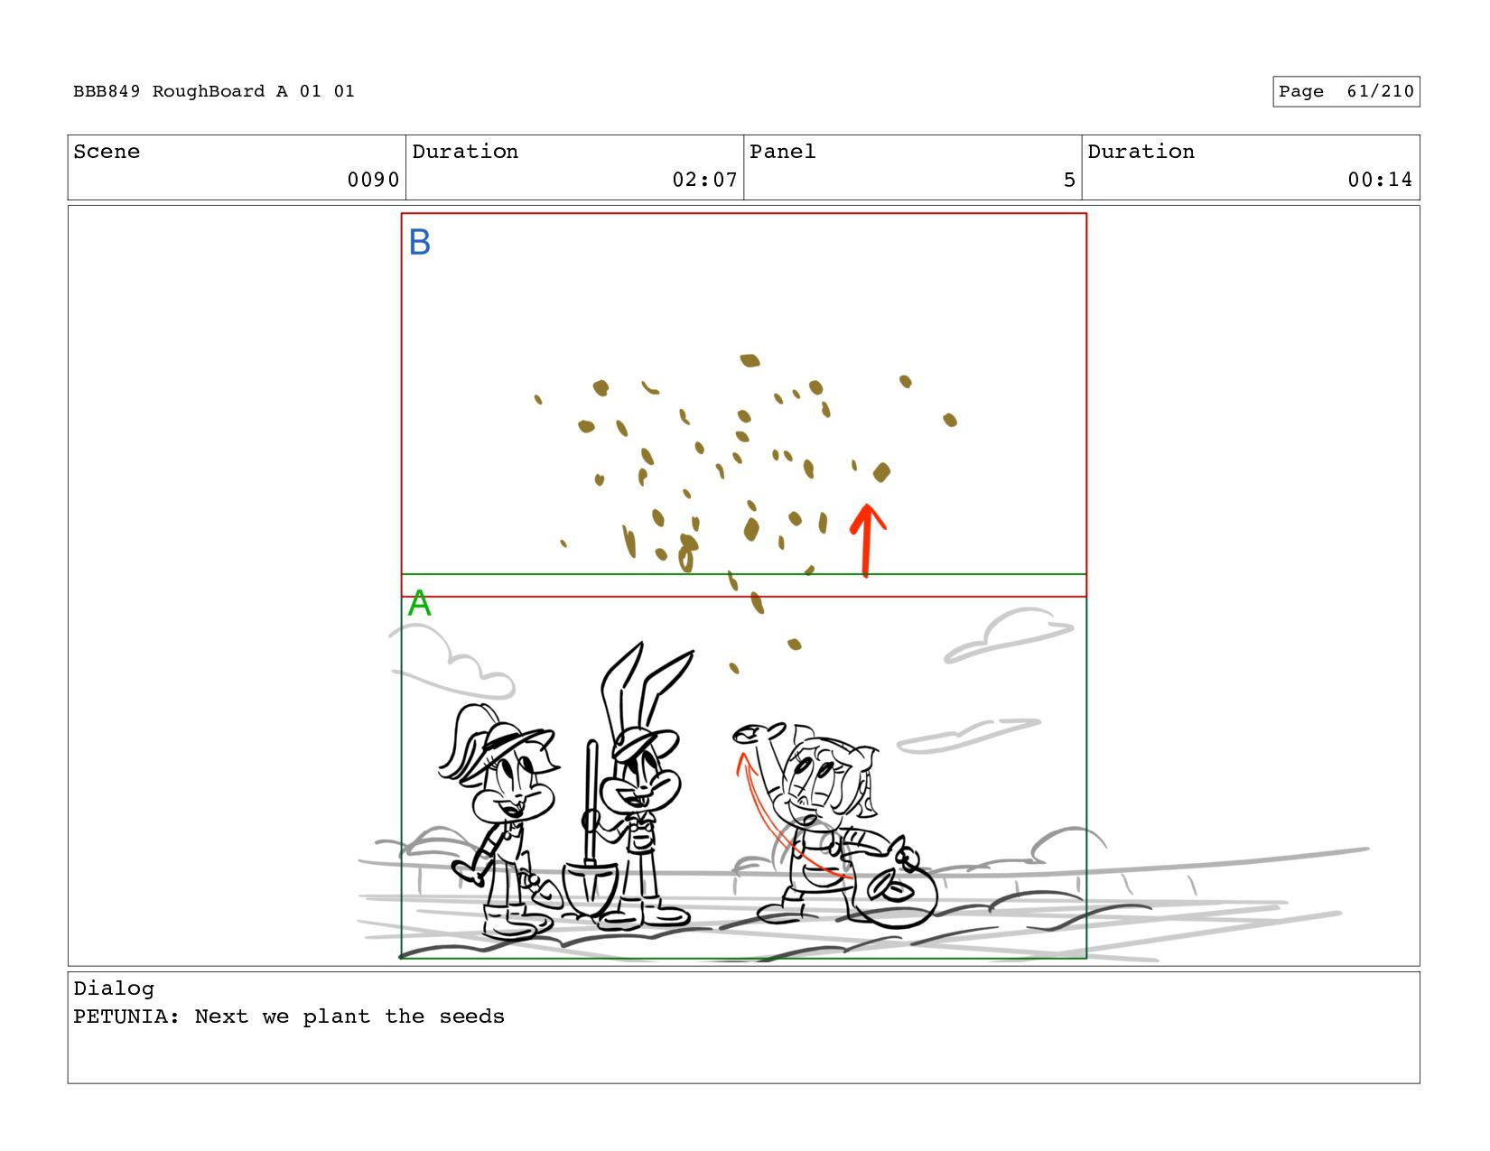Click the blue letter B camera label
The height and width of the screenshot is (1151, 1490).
pos(420,242)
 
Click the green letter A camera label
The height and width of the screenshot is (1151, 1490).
pos(419,602)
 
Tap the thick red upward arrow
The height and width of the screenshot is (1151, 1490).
pos(867,541)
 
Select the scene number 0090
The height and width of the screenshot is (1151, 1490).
pos(373,180)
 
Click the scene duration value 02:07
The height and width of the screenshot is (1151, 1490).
pos(704,180)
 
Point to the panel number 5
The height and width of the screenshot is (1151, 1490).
pos(1069,180)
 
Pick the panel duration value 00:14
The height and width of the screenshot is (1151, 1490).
pos(1380,180)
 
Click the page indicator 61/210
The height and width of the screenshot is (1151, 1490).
pos(1381,91)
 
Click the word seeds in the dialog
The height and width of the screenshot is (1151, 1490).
pos(471,1016)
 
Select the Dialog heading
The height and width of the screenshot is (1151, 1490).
pos(114,989)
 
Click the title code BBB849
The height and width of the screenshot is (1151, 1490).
pos(107,91)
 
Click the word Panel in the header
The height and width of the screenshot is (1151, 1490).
pos(782,152)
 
